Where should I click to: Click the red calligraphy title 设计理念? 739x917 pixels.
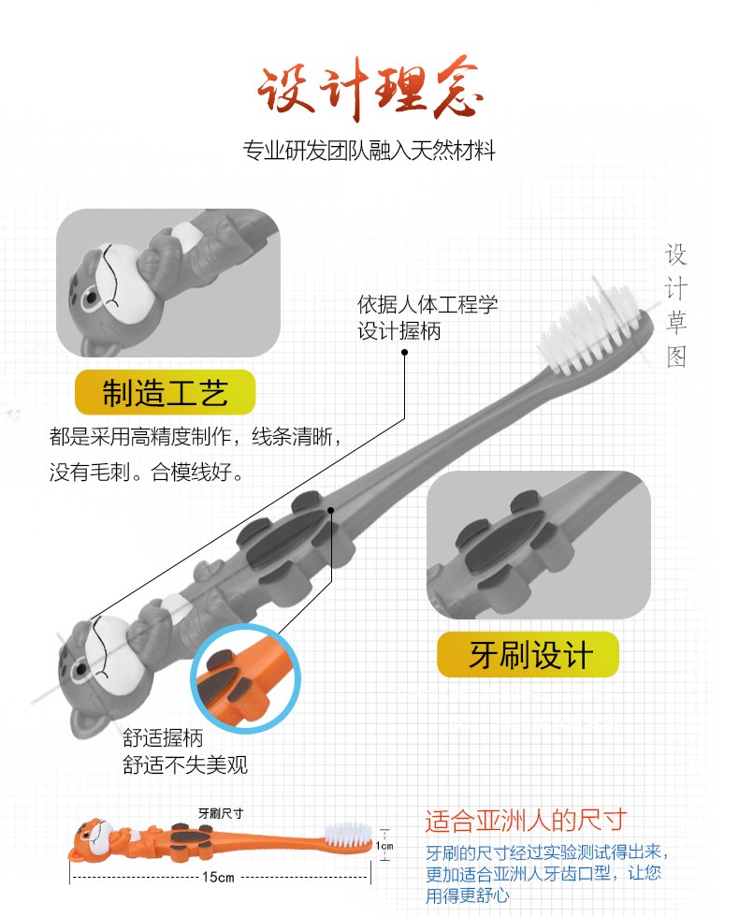369,90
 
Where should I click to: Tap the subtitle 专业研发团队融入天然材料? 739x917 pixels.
369,151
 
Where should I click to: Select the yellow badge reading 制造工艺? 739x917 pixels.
165,392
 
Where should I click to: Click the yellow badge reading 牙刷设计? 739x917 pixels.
528,654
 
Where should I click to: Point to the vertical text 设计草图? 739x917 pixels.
675,305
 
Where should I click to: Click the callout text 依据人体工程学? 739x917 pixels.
427,304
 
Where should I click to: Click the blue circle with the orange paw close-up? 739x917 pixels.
245,678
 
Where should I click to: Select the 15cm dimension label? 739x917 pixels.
218,878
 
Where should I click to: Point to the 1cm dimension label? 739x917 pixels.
384,846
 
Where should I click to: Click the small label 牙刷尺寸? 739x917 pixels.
221,813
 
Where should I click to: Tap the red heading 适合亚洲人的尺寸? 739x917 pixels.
526,821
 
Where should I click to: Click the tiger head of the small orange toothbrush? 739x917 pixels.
92,840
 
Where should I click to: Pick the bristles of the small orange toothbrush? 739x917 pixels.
348,834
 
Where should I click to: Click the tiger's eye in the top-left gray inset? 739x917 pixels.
90,300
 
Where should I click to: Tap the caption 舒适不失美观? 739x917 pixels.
185,764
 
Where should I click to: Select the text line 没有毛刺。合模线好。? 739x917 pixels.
146,472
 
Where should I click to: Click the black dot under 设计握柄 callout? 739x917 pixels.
404,352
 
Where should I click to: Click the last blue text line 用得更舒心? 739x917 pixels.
467,895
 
